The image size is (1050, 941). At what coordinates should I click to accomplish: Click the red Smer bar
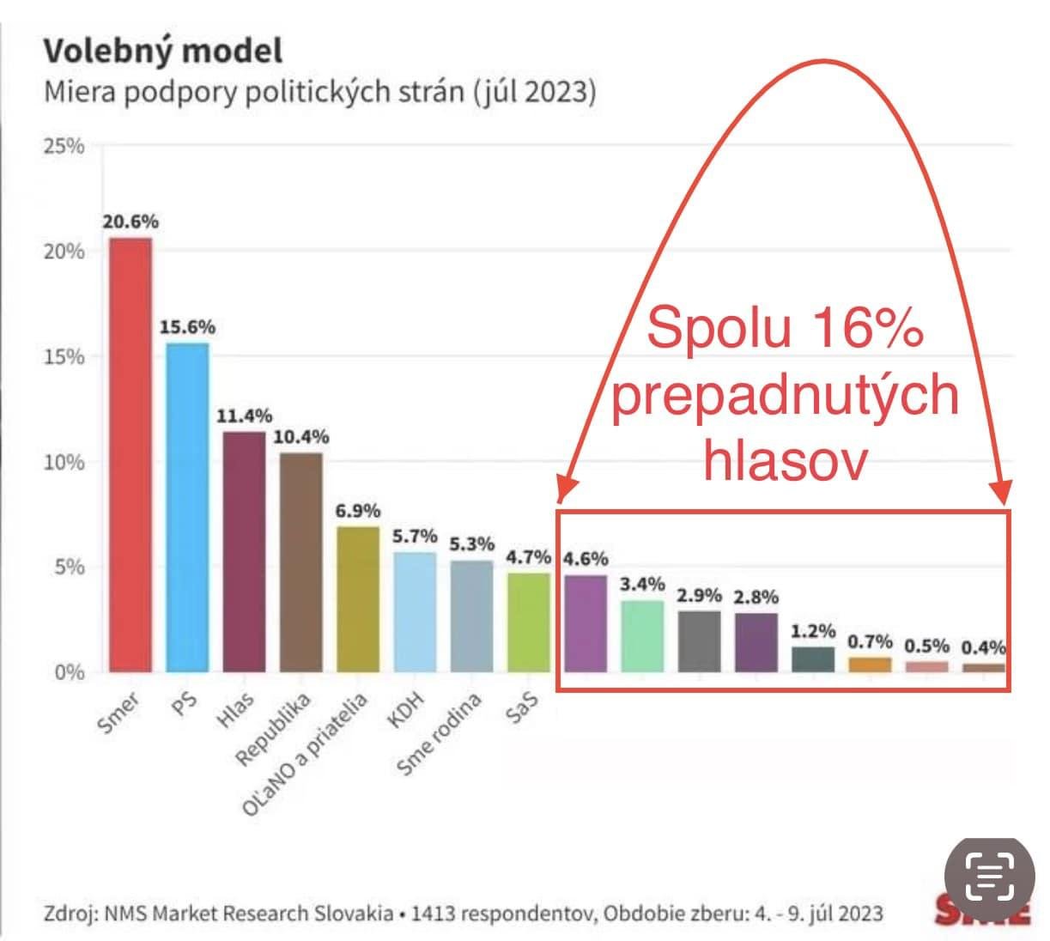[x=130, y=455]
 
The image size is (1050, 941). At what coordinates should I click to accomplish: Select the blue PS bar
[x=186, y=507]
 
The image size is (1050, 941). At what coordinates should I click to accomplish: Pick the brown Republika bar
[x=300, y=562]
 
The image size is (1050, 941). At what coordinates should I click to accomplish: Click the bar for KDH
[x=415, y=611]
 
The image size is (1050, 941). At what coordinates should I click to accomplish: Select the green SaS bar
[x=528, y=622]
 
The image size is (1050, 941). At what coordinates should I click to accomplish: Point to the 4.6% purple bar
[x=586, y=623]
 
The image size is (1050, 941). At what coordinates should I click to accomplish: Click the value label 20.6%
[x=130, y=222]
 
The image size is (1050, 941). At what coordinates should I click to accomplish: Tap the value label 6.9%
[x=357, y=511]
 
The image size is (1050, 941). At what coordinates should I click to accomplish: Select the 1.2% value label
[x=812, y=631]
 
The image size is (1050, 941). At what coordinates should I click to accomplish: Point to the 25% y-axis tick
[x=64, y=146]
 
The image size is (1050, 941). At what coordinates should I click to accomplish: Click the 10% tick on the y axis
[x=64, y=462]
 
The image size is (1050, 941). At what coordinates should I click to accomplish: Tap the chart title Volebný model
[x=162, y=51]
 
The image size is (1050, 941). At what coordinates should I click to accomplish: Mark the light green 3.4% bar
[x=642, y=636]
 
